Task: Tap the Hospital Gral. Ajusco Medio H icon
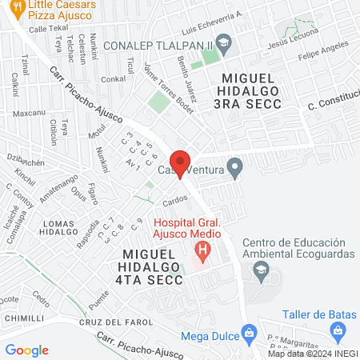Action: [203, 251]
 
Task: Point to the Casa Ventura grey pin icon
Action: [234, 168]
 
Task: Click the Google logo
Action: [26, 350]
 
